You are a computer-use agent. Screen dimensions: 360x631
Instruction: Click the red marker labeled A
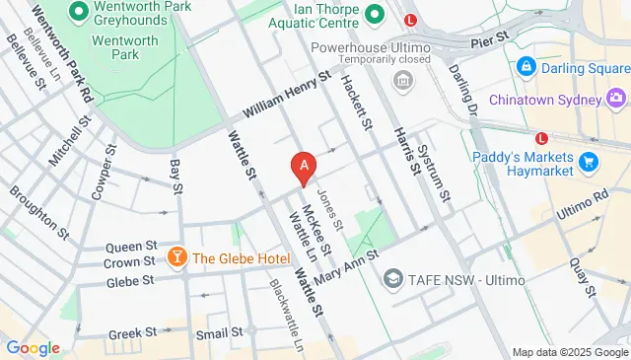coord(306,167)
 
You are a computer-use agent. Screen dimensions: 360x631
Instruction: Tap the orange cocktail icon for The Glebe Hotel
coord(176,258)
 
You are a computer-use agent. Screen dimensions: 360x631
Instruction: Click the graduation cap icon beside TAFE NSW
coord(394,279)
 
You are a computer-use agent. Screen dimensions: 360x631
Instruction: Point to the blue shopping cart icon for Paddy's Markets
coord(590,162)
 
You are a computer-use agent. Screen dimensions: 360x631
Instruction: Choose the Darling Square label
coord(572,67)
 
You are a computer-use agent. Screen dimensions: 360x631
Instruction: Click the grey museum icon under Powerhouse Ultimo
coord(401,79)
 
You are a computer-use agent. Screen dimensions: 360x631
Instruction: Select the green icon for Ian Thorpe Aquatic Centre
coord(374,15)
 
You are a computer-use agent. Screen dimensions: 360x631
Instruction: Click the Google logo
coord(33,348)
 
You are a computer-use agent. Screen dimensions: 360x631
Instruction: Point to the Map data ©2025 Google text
coord(569,353)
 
